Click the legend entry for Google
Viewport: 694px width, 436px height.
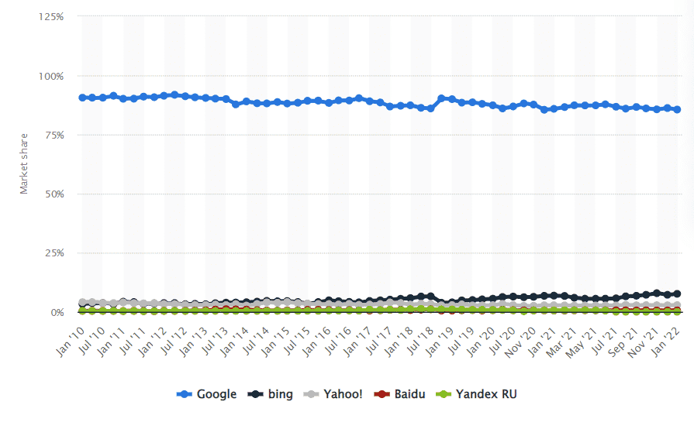207,394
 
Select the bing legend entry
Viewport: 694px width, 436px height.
271,394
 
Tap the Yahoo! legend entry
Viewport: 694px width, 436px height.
334,394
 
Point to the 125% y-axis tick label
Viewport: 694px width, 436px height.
50,16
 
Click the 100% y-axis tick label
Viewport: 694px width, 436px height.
50,76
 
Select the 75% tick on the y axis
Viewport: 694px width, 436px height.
53,135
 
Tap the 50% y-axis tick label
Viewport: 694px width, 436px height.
53,194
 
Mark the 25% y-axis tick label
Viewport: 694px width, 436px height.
53,253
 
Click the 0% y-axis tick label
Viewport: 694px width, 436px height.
56,312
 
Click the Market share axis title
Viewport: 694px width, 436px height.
23,164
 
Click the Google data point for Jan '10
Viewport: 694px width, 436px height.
83,98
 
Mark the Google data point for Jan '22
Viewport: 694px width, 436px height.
678,109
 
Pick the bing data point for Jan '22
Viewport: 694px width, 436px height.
678,294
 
